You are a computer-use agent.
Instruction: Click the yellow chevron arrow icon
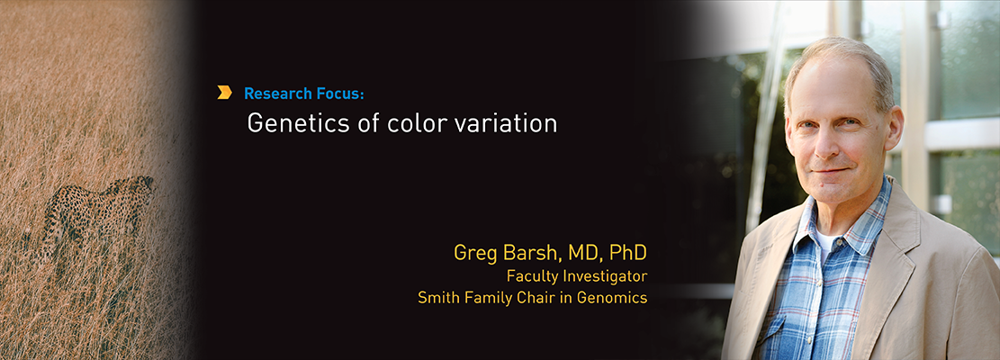click(x=224, y=93)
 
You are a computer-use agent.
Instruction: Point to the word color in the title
click(x=416, y=123)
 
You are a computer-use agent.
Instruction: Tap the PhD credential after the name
click(x=627, y=253)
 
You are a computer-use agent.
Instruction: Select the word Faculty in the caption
click(x=528, y=276)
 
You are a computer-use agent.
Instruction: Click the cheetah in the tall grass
click(x=99, y=213)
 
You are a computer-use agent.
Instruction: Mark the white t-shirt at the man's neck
click(x=824, y=240)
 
